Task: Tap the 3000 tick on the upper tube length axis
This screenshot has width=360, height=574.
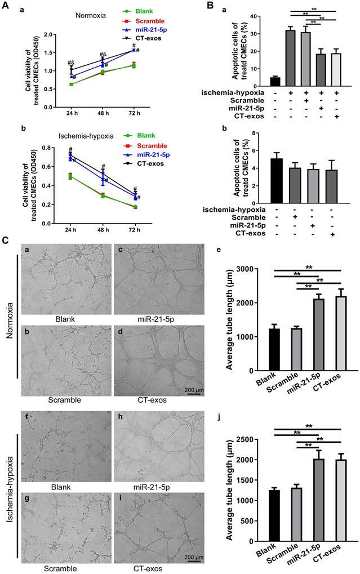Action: click(x=256, y=269)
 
